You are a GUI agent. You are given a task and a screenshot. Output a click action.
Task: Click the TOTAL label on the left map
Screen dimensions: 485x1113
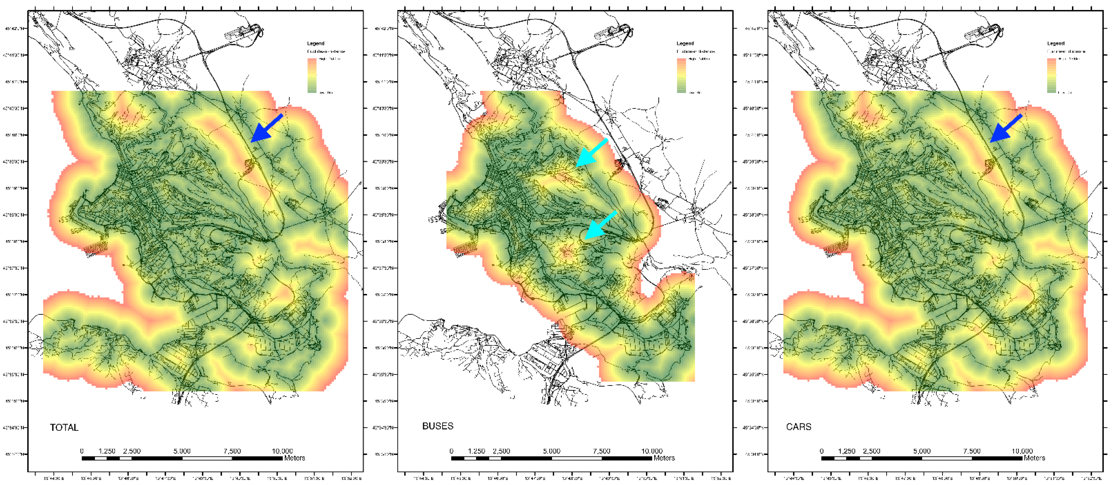tap(64, 428)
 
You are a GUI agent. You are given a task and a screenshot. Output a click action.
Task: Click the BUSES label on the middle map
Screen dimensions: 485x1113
tap(438, 426)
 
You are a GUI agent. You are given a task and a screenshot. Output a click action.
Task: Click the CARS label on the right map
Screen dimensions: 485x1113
tap(798, 427)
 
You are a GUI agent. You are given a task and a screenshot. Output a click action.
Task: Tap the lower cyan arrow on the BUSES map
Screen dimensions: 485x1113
tap(601, 225)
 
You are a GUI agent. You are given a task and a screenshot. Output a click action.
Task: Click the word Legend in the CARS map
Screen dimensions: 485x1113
tap(1056, 43)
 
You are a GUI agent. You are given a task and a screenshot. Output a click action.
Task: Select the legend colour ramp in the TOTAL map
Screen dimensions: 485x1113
tap(312, 76)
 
